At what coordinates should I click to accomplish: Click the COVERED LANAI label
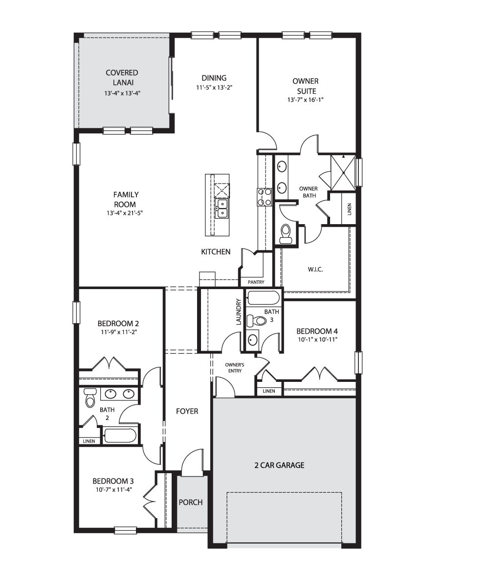click(122, 78)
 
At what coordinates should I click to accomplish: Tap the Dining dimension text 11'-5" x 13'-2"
click(214, 87)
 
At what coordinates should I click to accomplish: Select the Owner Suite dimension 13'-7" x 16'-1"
click(306, 100)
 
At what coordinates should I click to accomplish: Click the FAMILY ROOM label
click(126, 200)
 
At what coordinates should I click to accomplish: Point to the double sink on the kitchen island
click(222, 209)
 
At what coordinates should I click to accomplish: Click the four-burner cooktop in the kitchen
click(265, 197)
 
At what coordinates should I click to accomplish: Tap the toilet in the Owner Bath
click(286, 233)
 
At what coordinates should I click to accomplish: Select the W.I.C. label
click(315, 270)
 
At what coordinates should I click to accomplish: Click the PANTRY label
click(256, 282)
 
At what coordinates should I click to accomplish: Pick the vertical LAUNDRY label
click(239, 312)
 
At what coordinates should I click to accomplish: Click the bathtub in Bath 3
click(264, 297)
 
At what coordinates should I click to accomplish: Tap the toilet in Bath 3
click(256, 320)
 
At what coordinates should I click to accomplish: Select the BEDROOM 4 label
click(317, 331)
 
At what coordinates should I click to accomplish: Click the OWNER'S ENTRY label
click(235, 368)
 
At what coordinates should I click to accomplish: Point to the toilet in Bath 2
click(90, 398)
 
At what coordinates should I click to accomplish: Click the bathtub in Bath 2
click(119, 436)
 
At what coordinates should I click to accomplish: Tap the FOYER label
click(187, 411)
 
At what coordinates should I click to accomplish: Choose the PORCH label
click(191, 502)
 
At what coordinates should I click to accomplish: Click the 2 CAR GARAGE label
click(279, 465)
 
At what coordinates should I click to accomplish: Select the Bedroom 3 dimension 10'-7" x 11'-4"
click(114, 489)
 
